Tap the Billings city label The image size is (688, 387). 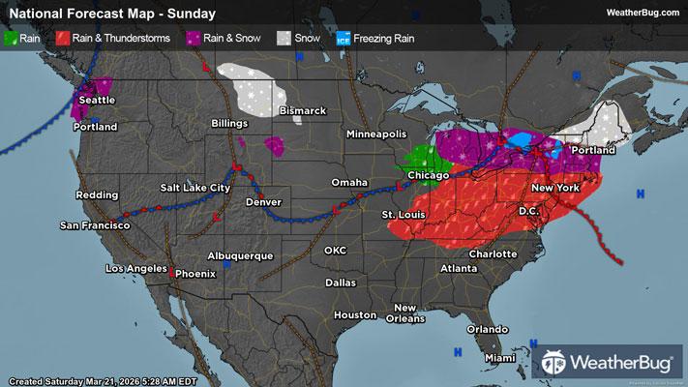click(x=231, y=125)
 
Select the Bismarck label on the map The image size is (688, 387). click(x=303, y=111)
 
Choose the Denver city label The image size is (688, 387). click(x=265, y=202)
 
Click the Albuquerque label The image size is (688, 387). click(x=249, y=255)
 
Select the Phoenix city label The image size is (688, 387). click(x=195, y=273)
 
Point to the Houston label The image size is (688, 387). click(x=354, y=315)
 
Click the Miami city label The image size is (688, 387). click(x=500, y=358)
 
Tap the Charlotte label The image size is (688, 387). click(x=494, y=254)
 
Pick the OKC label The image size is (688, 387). click(x=335, y=250)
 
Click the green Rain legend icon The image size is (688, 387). click(x=11, y=39)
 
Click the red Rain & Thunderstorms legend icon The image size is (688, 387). click(x=61, y=39)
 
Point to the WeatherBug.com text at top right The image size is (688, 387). click(x=640, y=13)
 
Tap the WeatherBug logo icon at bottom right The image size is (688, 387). click(x=553, y=364)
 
